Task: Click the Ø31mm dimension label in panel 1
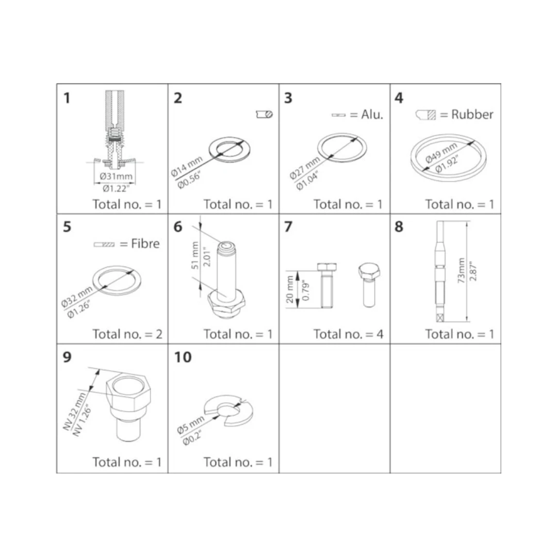(x=116, y=176)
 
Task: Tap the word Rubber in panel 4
(x=472, y=114)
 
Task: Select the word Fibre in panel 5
(x=145, y=243)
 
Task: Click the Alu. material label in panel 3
(x=372, y=114)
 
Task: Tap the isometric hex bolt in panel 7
(x=369, y=285)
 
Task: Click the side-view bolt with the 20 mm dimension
(x=327, y=285)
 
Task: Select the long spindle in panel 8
(x=440, y=271)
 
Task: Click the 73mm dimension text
(x=461, y=270)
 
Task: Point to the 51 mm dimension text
(x=195, y=255)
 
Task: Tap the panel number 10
(x=183, y=357)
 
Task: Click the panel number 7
(x=288, y=226)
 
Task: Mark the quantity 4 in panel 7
(x=380, y=334)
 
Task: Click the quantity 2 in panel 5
(x=159, y=334)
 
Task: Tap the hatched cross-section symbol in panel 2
(x=264, y=114)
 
